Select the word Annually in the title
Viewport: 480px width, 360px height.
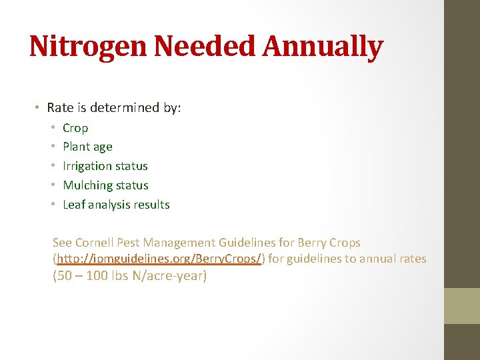click(x=323, y=47)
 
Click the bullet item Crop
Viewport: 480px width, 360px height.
click(x=75, y=128)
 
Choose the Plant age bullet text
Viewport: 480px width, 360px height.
click(x=87, y=147)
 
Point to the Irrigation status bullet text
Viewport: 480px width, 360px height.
click(x=105, y=166)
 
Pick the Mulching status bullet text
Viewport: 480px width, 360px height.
click(x=105, y=185)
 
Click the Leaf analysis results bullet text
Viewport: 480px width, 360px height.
click(x=116, y=205)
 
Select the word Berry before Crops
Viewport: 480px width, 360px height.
click(x=313, y=243)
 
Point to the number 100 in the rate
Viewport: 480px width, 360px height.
click(x=97, y=275)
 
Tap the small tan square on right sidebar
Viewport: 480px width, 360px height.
click(x=462, y=305)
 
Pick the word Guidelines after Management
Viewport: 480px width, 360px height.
click(x=247, y=243)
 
